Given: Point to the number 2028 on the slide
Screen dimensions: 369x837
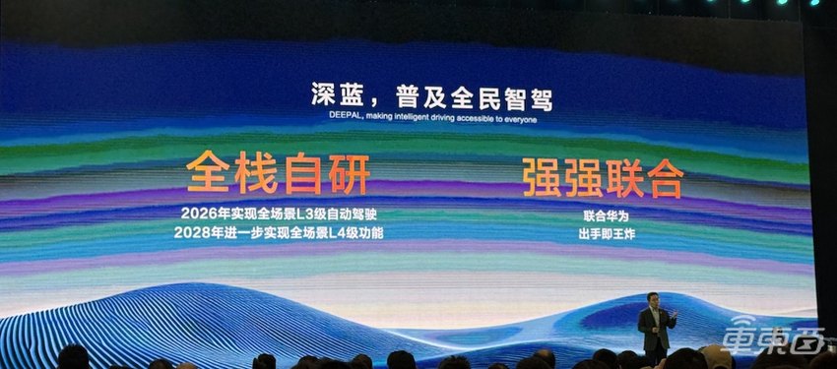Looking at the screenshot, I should point(188,232).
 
